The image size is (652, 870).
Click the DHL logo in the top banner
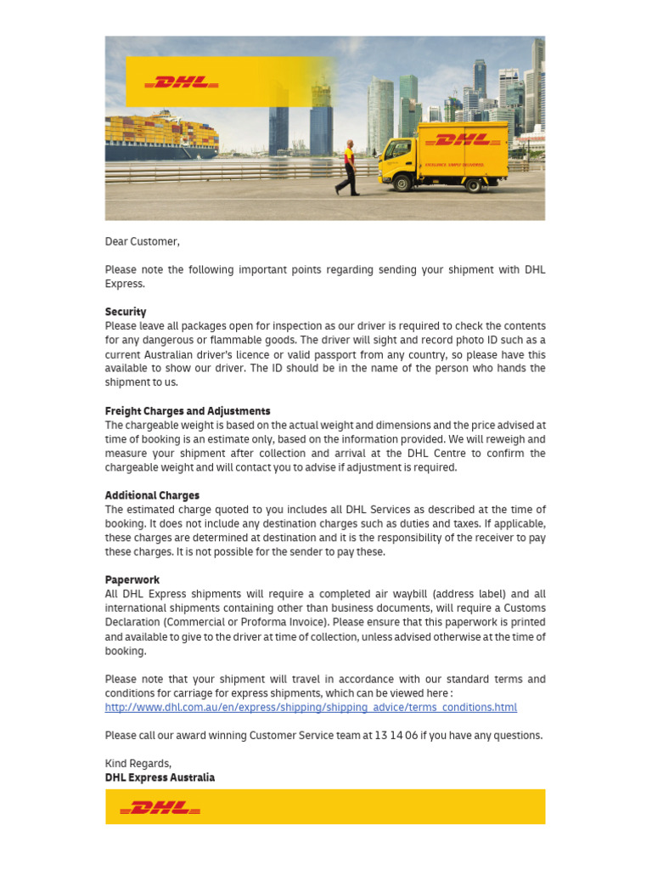(x=182, y=82)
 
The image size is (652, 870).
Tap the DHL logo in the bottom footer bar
(x=160, y=807)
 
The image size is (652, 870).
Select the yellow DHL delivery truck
(x=443, y=155)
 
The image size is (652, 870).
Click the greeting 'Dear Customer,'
(x=142, y=241)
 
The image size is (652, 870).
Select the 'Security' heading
(x=126, y=312)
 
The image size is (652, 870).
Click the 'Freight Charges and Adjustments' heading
(x=188, y=411)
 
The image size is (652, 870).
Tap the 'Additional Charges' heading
(x=152, y=495)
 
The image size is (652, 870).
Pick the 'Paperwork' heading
(x=132, y=580)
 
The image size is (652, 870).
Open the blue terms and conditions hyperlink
(x=311, y=708)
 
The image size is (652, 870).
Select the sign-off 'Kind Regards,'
(x=138, y=764)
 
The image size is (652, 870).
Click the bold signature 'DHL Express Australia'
(x=160, y=777)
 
